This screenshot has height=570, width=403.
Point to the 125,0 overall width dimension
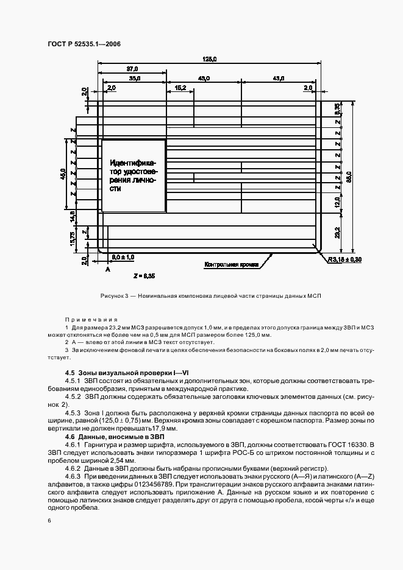click(211, 59)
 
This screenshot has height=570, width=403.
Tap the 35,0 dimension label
click(134, 79)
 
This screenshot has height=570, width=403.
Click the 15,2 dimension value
click(180, 89)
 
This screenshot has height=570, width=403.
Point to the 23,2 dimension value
click(337, 231)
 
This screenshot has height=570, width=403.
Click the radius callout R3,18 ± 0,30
click(345, 259)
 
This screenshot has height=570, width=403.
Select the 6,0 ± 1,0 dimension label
click(124, 258)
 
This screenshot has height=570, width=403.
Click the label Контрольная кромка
click(232, 265)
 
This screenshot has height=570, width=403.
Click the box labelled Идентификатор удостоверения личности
click(134, 176)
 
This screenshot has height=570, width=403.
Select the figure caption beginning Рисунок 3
click(210, 295)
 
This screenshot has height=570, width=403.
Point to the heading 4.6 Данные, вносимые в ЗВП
click(109, 437)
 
